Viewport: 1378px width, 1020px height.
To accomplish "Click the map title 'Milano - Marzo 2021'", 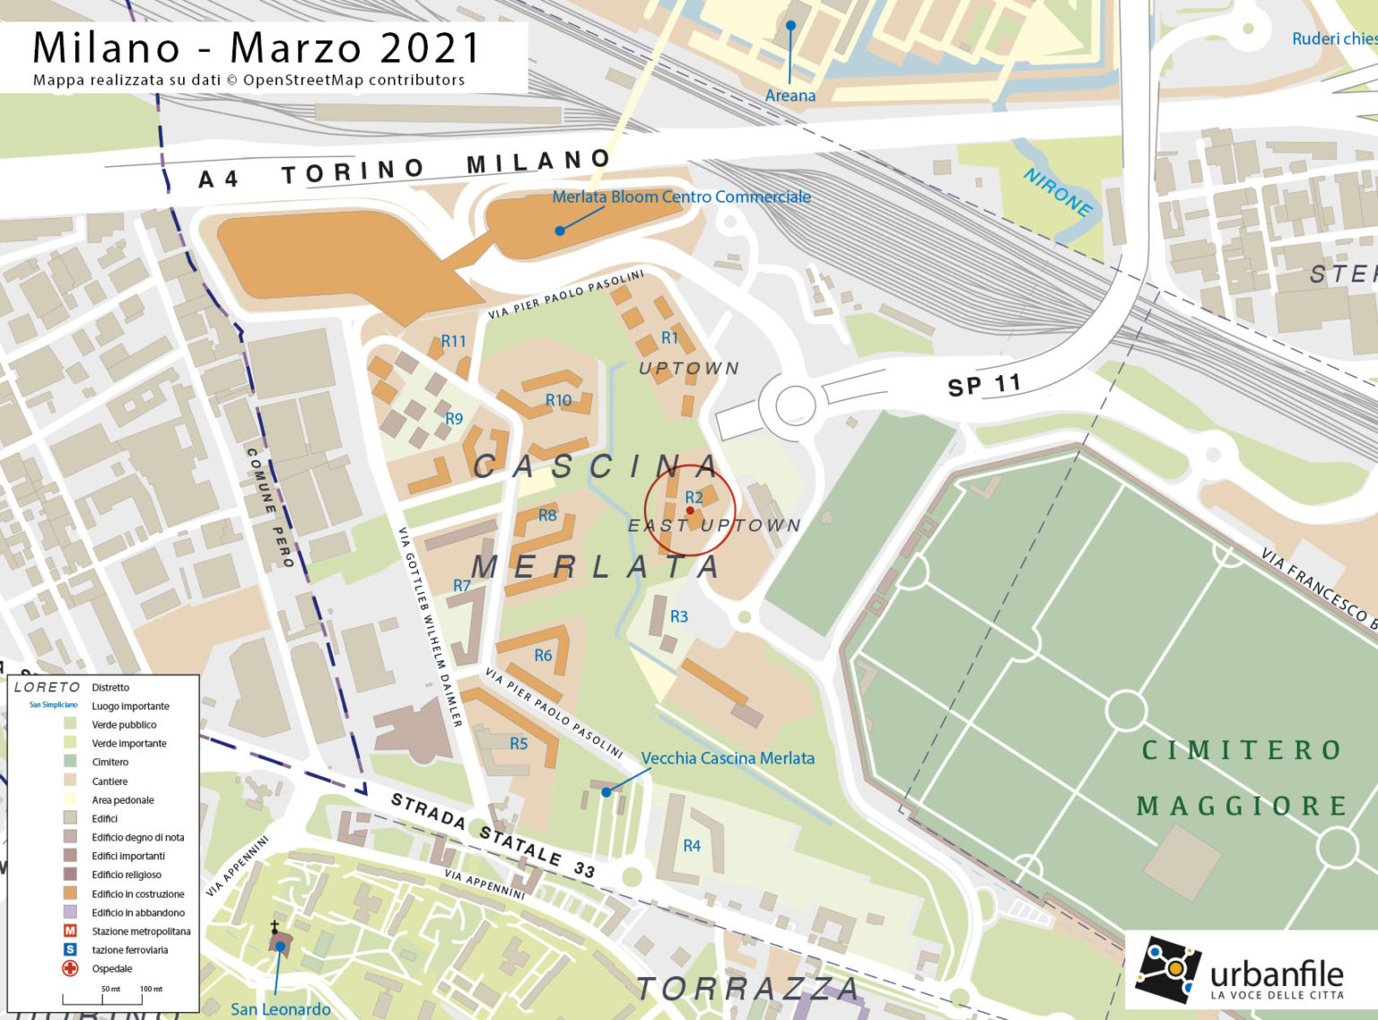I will tap(257, 48).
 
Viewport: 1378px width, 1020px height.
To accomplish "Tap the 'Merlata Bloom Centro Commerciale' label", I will tap(681, 196).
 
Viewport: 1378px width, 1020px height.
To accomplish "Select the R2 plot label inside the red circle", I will tap(693, 497).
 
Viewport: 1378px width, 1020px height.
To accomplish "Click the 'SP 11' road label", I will tap(984, 385).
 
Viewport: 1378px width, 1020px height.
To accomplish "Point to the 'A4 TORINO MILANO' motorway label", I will tap(404, 169).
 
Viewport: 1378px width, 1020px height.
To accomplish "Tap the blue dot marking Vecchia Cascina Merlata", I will tap(606, 791).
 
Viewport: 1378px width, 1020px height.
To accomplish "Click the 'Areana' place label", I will tap(789, 95).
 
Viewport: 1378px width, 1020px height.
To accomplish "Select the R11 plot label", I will tap(453, 341).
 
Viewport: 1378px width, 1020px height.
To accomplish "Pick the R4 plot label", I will tap(692, 845).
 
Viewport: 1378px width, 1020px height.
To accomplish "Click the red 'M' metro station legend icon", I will tap(70, 931).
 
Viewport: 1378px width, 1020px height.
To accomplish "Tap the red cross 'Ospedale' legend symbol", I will tap(70, 968).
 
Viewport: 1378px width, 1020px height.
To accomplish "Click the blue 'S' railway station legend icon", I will tap(70, 949).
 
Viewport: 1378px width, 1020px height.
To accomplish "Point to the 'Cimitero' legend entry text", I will tap(109, 762).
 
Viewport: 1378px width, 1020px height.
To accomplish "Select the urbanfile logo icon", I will tap(1167, 970).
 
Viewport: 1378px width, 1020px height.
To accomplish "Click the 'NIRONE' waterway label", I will tap(1059, 192).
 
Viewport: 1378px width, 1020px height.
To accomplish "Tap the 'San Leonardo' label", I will tap(280, 1009).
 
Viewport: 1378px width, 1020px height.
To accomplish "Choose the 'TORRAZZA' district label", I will tap(747, 989).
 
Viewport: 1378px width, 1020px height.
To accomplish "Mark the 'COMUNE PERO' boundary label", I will tap(269, 508).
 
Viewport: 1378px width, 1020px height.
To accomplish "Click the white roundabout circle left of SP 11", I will tap(795, 405).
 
